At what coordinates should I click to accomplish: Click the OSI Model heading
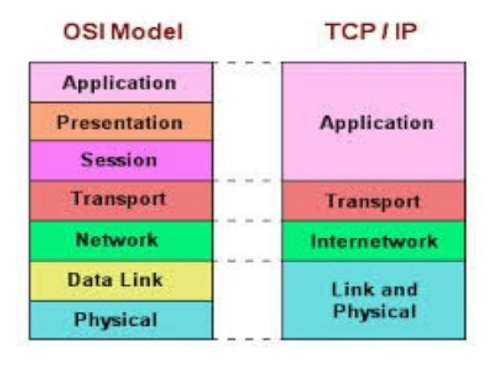click(123, 32)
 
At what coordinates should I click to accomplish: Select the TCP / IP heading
click(372, 32)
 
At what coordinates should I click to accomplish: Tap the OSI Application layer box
click(120, 83)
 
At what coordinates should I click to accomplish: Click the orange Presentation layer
click(120, 122)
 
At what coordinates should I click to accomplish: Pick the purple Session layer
click(120, 161)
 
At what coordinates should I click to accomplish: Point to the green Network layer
click(120, 240)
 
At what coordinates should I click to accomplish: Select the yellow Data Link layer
click(120, 280)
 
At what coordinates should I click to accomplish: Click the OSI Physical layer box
click(120, 320)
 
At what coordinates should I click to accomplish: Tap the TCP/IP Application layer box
click(373, 122)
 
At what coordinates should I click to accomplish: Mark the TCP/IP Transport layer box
click(373, 201)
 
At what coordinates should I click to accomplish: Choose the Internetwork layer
click(373, 241)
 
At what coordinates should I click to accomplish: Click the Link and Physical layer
click(373, 300)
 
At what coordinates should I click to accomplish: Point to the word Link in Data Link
click(143, 280)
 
